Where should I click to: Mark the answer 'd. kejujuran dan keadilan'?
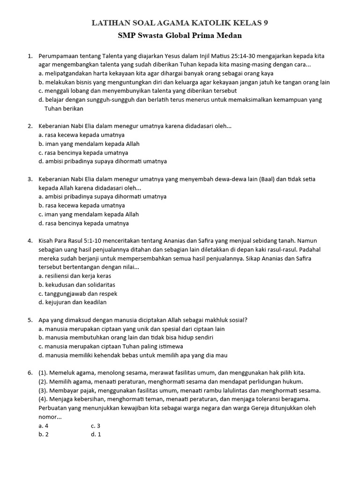click(x=73, y=302)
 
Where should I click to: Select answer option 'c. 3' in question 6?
click(x=96, y=426)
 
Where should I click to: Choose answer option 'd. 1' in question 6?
click(x=96, y=434)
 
